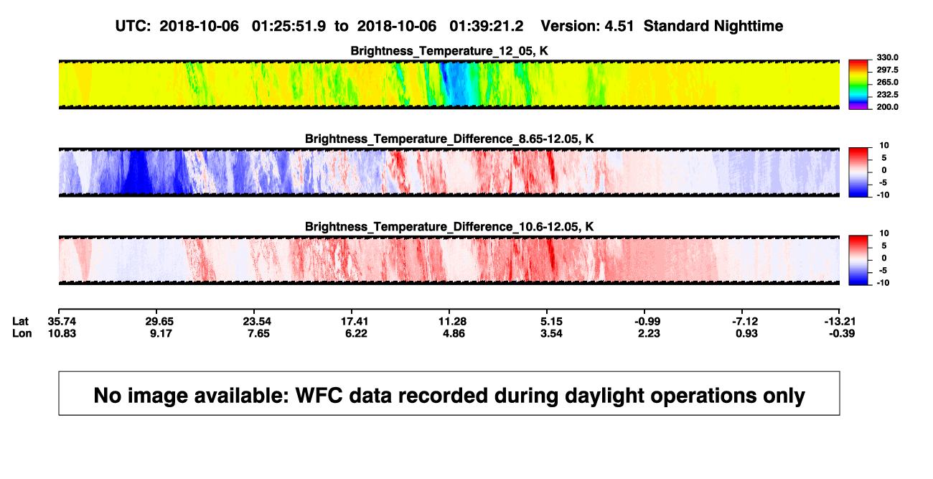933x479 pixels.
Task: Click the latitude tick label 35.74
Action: pos(62,322)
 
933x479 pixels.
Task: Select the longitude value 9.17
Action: pos(161,333)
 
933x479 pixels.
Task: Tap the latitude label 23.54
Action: pos(257,322)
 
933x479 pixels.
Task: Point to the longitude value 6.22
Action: pos(356,333)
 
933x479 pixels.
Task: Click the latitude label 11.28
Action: pos(452,322)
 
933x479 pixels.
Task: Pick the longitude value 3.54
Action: pos(551,333)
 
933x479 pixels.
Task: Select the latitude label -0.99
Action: pos(647,322)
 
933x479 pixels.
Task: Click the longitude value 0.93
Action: pos(746,333)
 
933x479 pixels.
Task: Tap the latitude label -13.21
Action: pos(840,322)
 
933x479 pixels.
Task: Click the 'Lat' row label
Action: pos(20,322)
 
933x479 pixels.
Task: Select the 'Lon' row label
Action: pos(22,333)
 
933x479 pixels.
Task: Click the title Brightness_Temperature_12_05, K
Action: pos(449,51)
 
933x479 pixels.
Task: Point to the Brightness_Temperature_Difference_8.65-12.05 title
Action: pos(449,139)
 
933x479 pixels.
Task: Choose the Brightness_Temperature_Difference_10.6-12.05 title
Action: pos(449,227)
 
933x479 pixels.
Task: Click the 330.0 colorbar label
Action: pos(887,57)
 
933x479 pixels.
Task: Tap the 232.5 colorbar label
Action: pos(887,95)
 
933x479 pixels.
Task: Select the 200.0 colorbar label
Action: pos(887,107)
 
